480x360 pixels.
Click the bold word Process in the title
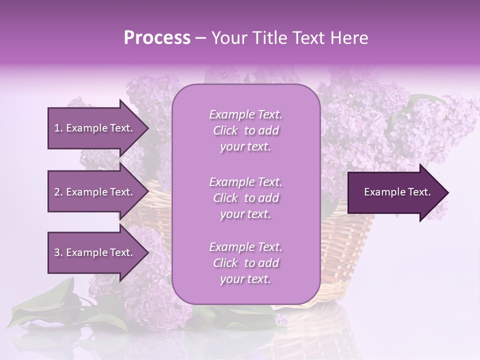[x=157, y=38]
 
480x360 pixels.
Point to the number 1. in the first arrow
[x=58, y=128]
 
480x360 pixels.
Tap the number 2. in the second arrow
[x=58, y=192]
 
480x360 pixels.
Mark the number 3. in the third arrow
[x=58, y=252]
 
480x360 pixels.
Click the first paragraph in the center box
[x=245, y=130]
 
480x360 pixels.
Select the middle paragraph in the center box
[x=245, y=198]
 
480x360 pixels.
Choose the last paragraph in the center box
[x=245, y=263]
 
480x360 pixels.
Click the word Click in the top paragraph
[x=225, y=130]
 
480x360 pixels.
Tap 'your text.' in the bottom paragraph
[x=245, y=279]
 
